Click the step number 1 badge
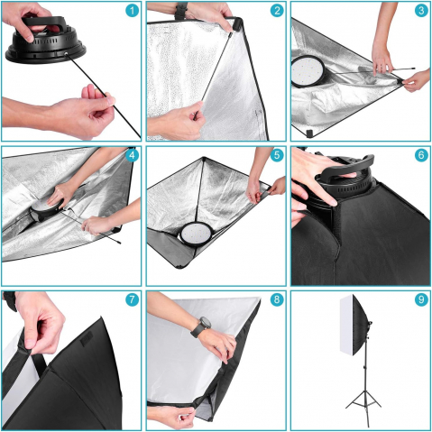pos(133,11)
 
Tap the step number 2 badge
pos(277,11)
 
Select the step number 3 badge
pos(421,11)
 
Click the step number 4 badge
pos(133,155)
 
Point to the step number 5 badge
pos(277,155)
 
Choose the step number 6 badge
pos(421,155)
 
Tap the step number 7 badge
pos(133,299)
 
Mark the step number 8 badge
pos(277,299)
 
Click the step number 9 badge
pos(421,299)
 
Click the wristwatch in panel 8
pos(201,326)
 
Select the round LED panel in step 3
pos(308,71)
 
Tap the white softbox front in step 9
pos(347,325)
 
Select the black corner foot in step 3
pos(309,133)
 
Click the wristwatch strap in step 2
pos(181,9)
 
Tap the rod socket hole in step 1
pos(66,54)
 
